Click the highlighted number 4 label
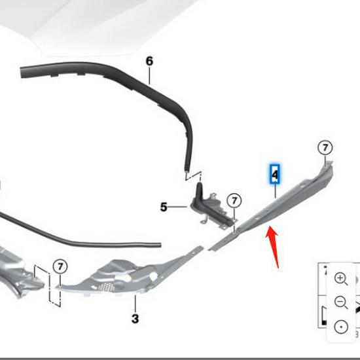point(275,174)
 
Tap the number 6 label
point(149,61)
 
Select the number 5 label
point(164,207)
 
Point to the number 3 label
point(135,319)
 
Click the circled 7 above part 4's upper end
point(325,148)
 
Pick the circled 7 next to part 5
point(234,201)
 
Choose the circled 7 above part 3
point(60,266)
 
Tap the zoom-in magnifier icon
point(341,278)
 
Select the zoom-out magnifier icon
point(341,302)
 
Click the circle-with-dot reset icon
point(341,327)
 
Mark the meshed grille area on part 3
point(106,287)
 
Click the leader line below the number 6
point(149,76)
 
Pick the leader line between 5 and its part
point(177,207)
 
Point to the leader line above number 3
point(135,304)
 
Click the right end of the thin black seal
point(160,245)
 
